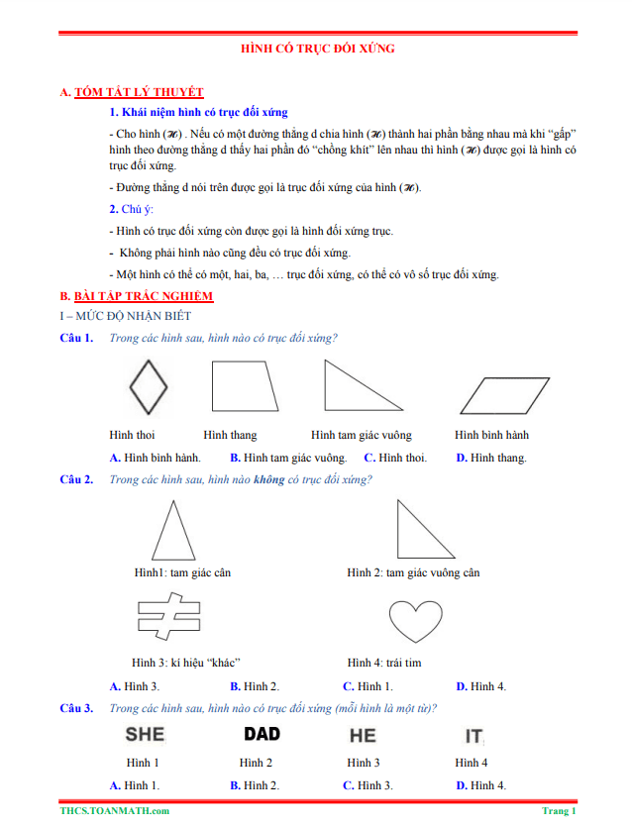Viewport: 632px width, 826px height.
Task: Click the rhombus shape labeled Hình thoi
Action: coord(149,386)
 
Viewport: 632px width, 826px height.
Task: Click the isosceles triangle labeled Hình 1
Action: coord(173,533)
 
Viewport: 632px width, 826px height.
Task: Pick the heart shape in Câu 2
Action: coord(414,622)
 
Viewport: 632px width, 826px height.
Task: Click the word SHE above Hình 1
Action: coord(144,734)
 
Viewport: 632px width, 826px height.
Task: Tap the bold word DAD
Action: coord(262,734)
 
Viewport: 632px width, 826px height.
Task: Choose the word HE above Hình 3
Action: coord(363,735)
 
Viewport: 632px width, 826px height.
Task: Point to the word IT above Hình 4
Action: coord(474,736)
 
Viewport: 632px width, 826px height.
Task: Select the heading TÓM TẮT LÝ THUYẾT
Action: coord(138,92)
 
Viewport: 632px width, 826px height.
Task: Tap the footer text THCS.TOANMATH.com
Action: coord(114,810)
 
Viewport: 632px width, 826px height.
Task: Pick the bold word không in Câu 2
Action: coord(268,480)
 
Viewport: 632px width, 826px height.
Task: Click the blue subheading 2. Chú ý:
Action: coord(131,209)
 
